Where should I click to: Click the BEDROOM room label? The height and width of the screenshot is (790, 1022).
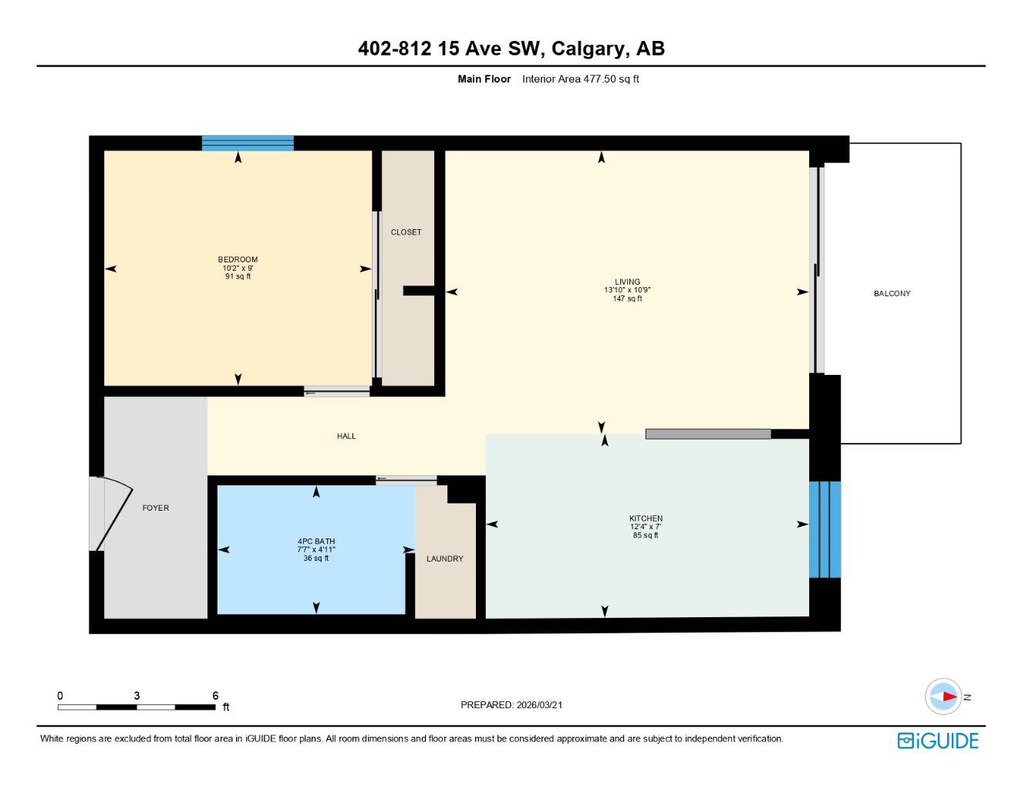pos(238,259)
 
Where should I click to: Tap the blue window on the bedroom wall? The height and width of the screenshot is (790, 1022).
pos(248,143)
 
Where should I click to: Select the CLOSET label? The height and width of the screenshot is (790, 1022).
pos(406,232)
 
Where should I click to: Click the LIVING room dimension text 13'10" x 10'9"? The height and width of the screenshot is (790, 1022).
pos(627,290)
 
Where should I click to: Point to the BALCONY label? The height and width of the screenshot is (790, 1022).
pos(892,293)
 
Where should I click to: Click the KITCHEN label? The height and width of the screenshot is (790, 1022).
pos(646,518)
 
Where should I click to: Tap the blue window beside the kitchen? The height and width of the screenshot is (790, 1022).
pos(825,529)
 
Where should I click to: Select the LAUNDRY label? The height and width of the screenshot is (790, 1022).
pos(445,559)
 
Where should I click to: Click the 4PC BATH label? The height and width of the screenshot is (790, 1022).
pos(316,542)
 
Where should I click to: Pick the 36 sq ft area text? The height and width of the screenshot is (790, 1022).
pos(316,559)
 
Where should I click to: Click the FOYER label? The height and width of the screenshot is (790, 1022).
pos(156,508)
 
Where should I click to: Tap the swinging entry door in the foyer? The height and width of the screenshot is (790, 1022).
pos(113,515)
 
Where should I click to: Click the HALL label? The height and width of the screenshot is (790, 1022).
pos(346,436)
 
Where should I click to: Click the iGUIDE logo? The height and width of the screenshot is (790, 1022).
pos(938,741)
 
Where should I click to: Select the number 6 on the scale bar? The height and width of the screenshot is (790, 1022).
pos(215,696)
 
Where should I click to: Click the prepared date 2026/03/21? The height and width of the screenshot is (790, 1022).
pos(539,704)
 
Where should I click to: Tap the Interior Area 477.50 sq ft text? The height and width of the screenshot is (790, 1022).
pos(580,79)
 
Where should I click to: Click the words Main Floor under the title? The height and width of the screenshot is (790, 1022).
pos(484,79)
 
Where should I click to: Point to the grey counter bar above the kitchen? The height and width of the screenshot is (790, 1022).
pos(708,434)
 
